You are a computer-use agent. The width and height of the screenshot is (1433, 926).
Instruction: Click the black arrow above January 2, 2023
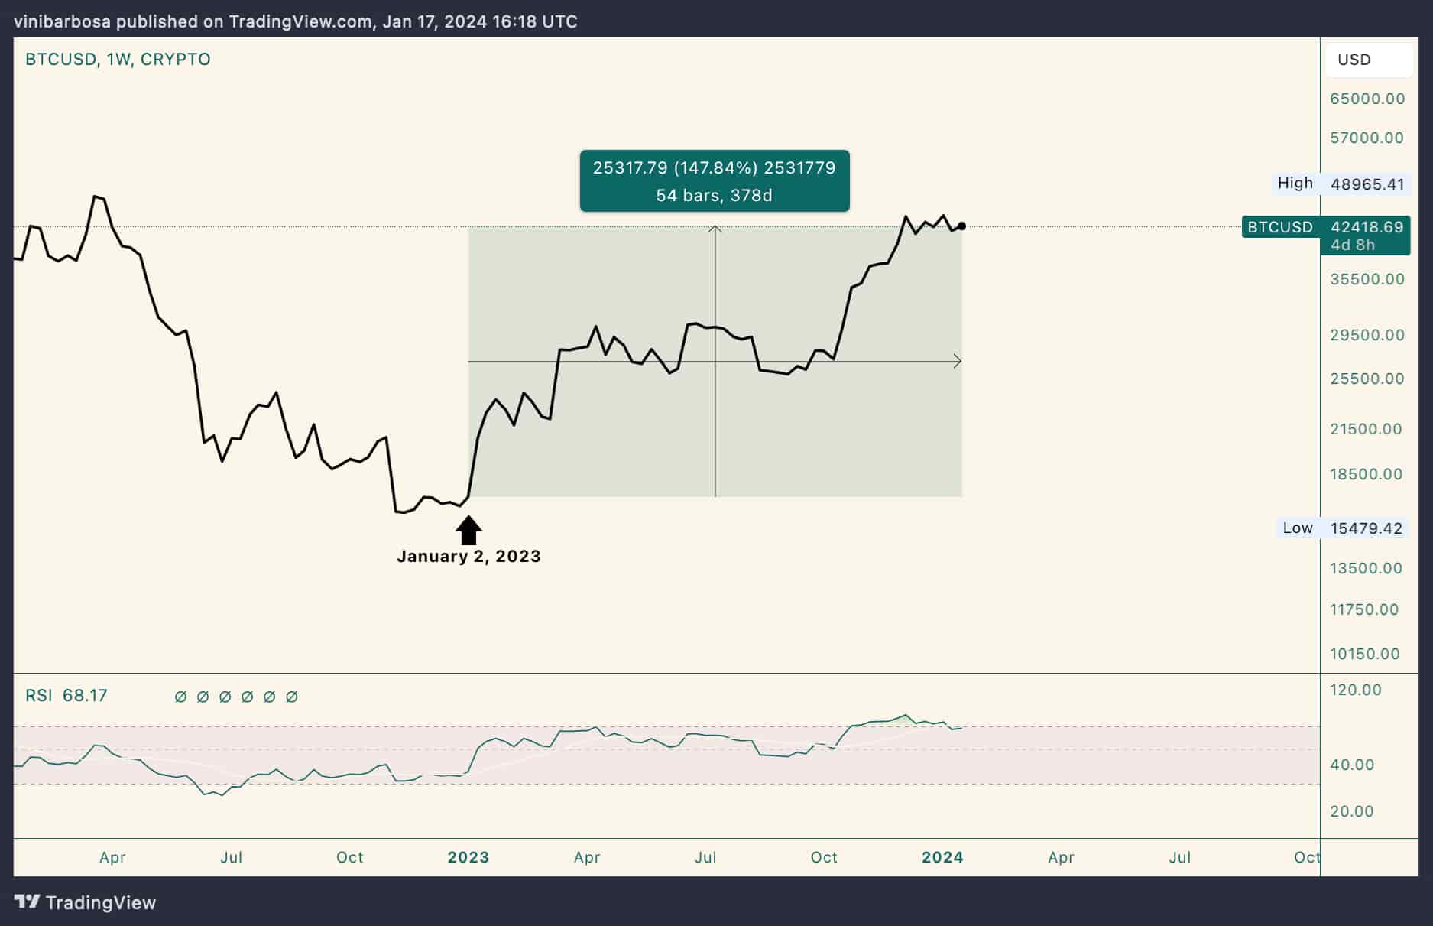tap(468, 530)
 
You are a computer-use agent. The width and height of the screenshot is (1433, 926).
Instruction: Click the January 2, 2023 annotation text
tap(468, 557)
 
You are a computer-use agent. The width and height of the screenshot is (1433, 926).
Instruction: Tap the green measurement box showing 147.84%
tap(715, 181)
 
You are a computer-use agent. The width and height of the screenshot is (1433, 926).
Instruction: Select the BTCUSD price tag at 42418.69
tap(1326, 227)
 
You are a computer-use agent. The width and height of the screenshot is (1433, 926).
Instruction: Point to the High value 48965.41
tap(1367, 184)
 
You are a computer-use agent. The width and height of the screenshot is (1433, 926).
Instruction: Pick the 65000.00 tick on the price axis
tap(1367, 99)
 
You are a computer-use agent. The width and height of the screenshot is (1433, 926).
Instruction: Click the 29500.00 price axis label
tap(1367, 335)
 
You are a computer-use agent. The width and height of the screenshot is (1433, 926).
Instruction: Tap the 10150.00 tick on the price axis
tap(1364, 654)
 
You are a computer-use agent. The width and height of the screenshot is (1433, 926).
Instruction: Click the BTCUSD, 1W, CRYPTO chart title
tap(118, 60)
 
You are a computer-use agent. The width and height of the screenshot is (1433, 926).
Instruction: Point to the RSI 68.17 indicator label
tap(66, 696)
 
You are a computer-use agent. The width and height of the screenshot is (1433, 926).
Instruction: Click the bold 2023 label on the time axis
tap(468, 857)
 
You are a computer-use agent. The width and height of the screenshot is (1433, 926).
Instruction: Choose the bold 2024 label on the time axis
tap(942, 857)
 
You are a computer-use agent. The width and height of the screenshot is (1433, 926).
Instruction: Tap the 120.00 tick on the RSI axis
tap(1355, 690)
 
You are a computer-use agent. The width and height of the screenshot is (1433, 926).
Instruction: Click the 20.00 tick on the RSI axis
tap(1351, 811)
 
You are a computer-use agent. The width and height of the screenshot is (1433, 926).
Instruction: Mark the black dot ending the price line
tap(961, 226)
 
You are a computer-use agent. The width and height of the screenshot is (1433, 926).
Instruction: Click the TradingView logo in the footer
tap(86, 902)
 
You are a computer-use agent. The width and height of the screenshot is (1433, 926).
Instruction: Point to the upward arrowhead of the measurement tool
tap(715, 229)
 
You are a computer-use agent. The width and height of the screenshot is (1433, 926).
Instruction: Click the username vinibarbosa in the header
tap(62, 21)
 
